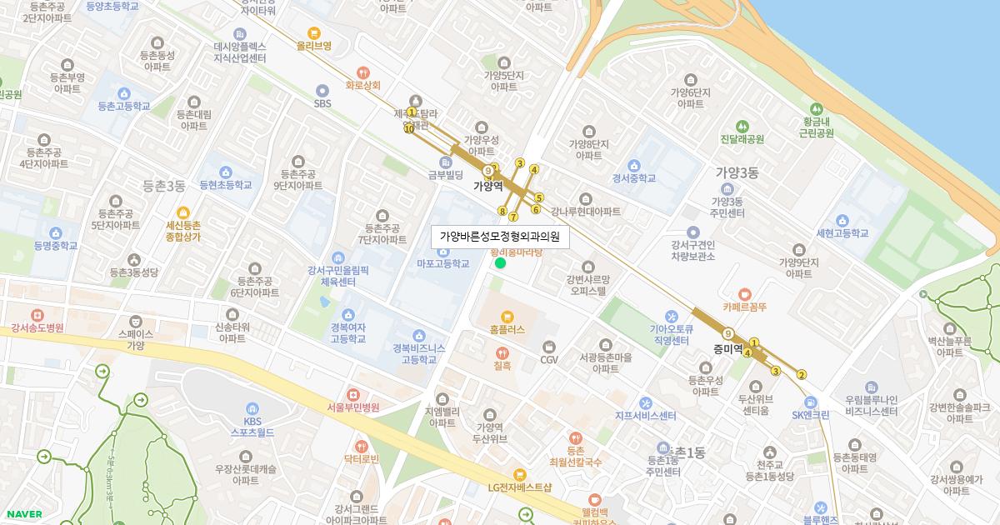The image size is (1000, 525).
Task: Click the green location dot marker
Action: pyautogui.click(x=500, y=263)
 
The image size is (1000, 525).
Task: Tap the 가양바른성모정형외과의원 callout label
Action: pyautogui.click(x=500, y=237)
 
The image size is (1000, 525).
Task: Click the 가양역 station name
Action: pyautogui.click(x=488, y=186)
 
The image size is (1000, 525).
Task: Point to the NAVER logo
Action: pyautogui.click(x=24, y=514)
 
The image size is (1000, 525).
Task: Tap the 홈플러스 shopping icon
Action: pyautogui.click(x=507, y=316)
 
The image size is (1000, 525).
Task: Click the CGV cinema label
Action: pyautogui.click(x=549, y=360)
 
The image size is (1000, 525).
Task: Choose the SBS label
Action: pyautogui.click(x=322, y=103)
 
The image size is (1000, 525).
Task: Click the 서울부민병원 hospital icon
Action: pyautogui.click(x=353, y=394)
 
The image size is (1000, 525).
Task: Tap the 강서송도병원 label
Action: pyautogui.click(x=37, y=329)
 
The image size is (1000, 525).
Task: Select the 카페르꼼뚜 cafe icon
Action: pyautogui.click(x=744, y=293)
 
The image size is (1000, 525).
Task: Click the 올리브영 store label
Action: pyautogui.click(x=314, y=46)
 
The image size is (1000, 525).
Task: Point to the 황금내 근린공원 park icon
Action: pyautogui.click(x=816, y=109)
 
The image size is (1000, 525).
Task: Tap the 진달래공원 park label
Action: pyautogui.click(x=742, y=139)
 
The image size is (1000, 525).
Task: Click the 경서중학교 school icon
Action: pyautogui.click(x=634, y=164)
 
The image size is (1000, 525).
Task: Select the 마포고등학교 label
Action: pyautogui.click(x=443, y=263)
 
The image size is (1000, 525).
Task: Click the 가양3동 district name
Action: pyautogui.click(x=737, y=173)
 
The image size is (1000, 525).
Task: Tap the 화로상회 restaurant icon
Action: pyautogui.click(x=362, y=72)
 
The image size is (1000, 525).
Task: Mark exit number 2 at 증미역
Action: pyautogui.click(x=802, y=374)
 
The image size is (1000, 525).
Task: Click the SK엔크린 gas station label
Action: pyautogui.click(x=811, y=414)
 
